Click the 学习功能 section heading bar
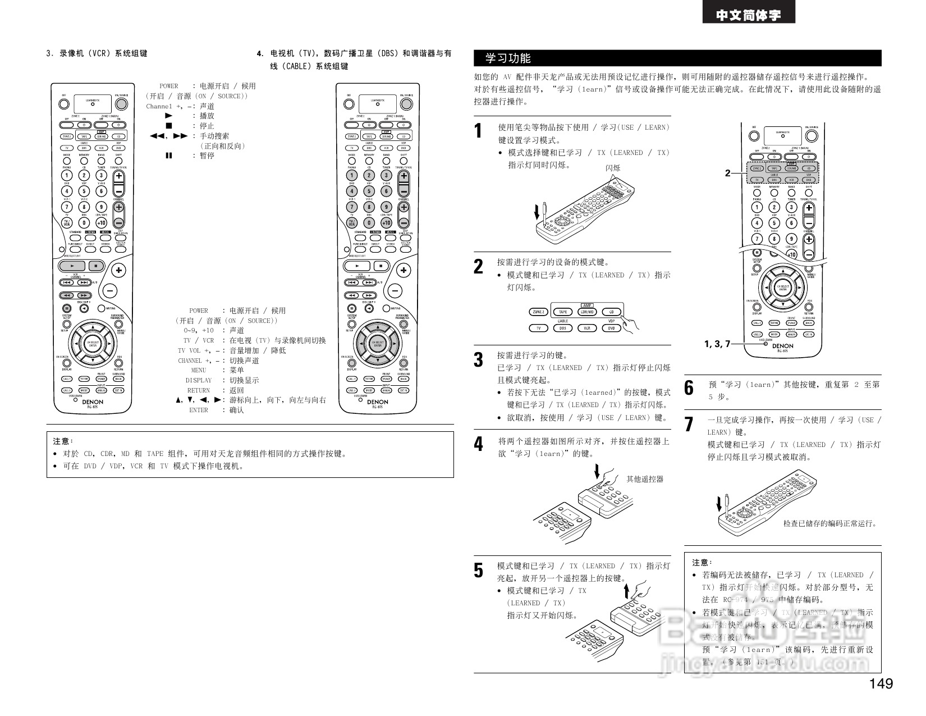(x=677, y=58)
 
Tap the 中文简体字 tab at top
(x=748, y=15)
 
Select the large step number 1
(x=478, y=131)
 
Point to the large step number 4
(x=478, y=445)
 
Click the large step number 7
(x=689, y=424)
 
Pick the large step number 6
(x=689, y=388)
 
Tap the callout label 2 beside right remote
(x=727, y=173)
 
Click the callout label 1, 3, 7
(x=717, y=344)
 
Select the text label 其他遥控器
(x=645, y=479)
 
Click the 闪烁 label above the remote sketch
(x=613, y=168)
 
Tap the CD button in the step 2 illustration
(x=611, y=312)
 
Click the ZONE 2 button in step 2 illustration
(x=538, y=312)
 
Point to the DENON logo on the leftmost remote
(x=93, y=402)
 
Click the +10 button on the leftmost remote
(x=102, y=223)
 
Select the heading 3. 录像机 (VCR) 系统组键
(x=97, y=54)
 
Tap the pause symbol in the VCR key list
(x=169, y=156)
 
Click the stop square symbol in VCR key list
(x=169, y=126)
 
